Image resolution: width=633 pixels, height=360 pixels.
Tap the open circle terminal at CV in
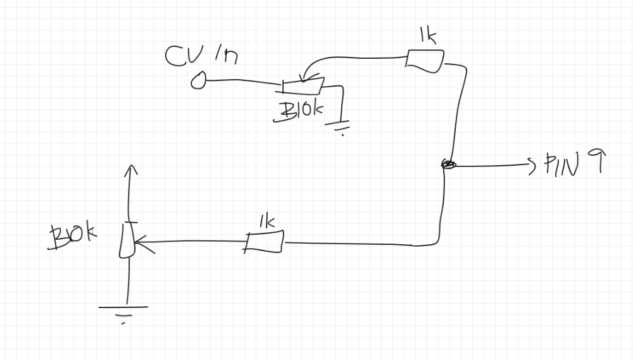click(x=199, y=80)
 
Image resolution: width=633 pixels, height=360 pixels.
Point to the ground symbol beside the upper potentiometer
click(x=340, y=127)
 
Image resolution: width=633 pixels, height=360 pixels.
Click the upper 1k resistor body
click(x=425, y=59)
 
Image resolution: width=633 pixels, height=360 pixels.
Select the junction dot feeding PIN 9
click(x=448, y=165)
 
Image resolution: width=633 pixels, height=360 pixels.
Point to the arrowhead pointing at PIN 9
click(x=532, y=165)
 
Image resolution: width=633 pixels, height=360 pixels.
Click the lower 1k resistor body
click(x=265, y=242)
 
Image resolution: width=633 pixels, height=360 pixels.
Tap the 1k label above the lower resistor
click(x=266, y=221)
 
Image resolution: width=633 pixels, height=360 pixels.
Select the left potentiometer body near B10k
click(x=127, y=240)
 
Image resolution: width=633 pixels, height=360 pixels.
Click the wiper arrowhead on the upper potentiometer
click(x=303, y=78)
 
